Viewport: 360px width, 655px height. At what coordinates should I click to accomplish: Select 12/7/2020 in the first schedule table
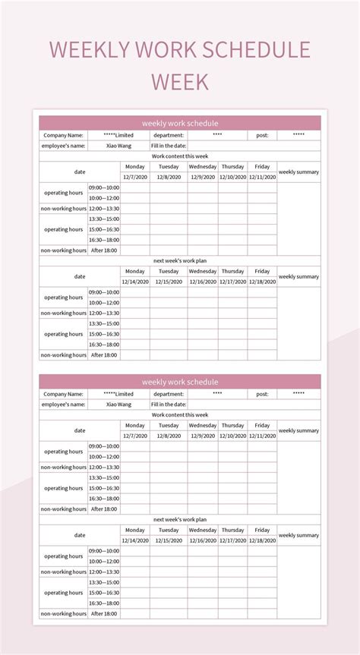pos(134,177)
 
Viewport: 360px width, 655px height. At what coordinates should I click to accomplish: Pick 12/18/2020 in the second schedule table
pos(262,540)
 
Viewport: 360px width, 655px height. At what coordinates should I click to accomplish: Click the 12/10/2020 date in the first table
pos(232,177)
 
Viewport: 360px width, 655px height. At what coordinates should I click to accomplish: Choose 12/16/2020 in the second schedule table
pos(203,540)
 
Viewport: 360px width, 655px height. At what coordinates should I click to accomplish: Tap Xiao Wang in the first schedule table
pos(118,145)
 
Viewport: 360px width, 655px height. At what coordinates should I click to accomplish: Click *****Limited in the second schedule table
pos(118,394)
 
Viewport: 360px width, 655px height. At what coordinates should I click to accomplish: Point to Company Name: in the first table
pos(63,135)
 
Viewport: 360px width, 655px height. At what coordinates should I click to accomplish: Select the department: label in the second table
pos(169,394)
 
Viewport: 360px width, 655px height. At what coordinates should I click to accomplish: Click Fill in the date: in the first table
pos(169,145)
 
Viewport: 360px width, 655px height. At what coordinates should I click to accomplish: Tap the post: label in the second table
pos(262,394)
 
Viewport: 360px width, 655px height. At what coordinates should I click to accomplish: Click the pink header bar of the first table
pos(180,122)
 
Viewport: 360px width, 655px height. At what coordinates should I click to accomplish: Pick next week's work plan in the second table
pos(180,520)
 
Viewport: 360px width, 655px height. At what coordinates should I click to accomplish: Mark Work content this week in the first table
pos(180,156)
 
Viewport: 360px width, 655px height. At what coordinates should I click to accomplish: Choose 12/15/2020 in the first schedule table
pos(169,282)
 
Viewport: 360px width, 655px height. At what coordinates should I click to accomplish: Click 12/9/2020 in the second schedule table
pos(203,436)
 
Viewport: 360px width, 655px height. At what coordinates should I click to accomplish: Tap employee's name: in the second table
pos(63,405)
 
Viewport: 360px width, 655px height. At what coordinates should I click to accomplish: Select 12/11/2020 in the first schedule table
pos(262,177)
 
